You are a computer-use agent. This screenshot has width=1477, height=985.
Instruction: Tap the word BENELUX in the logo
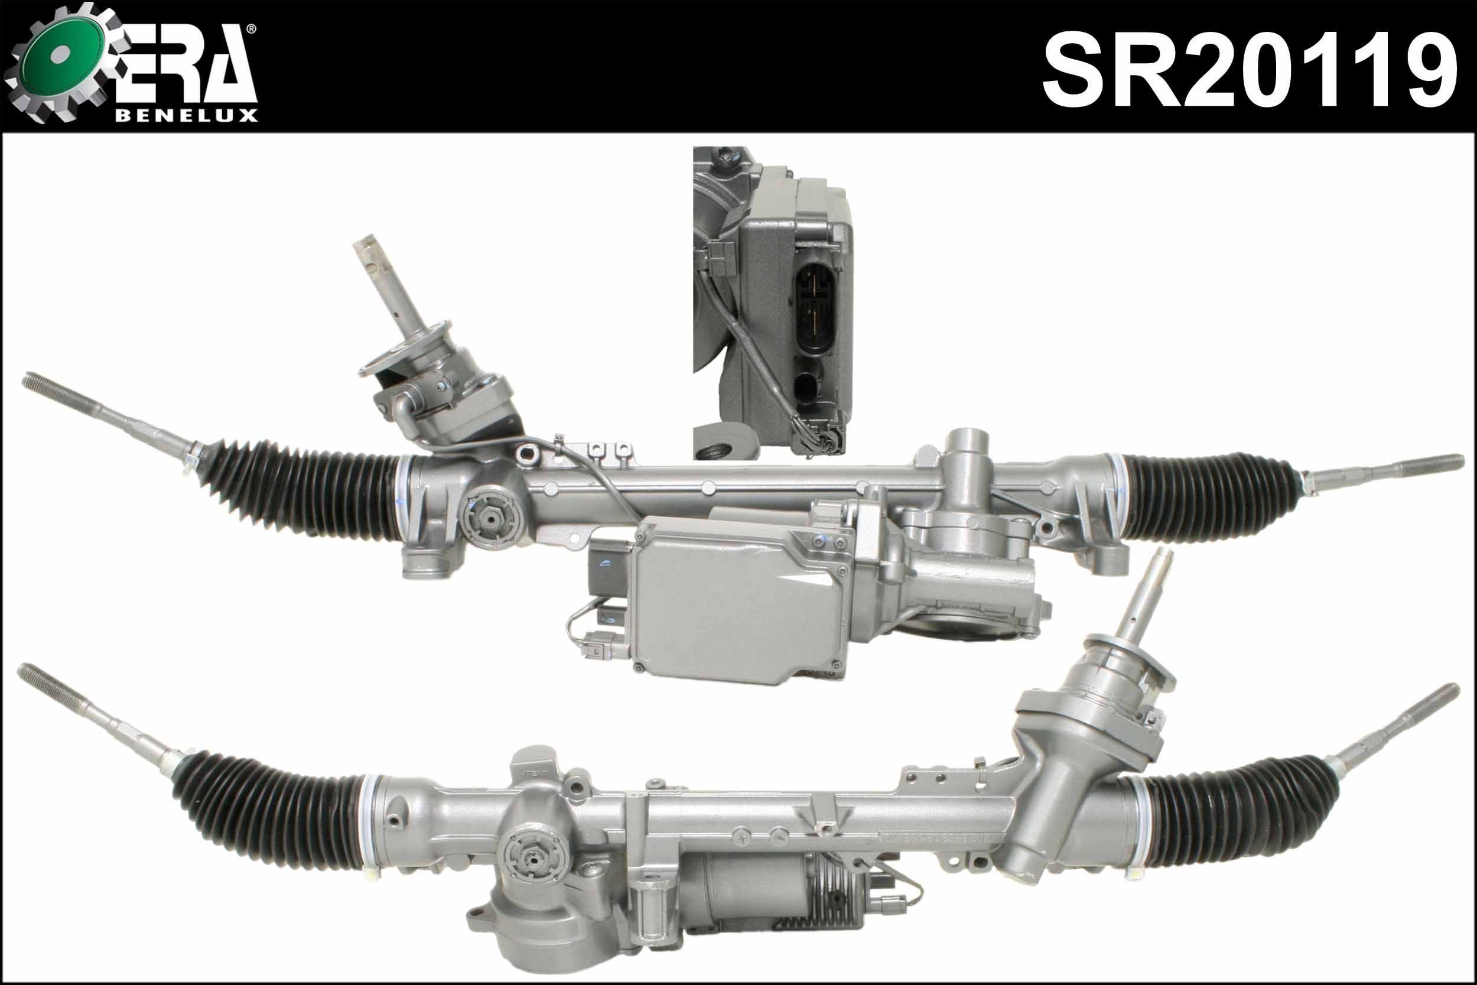[x=187, y=116]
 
